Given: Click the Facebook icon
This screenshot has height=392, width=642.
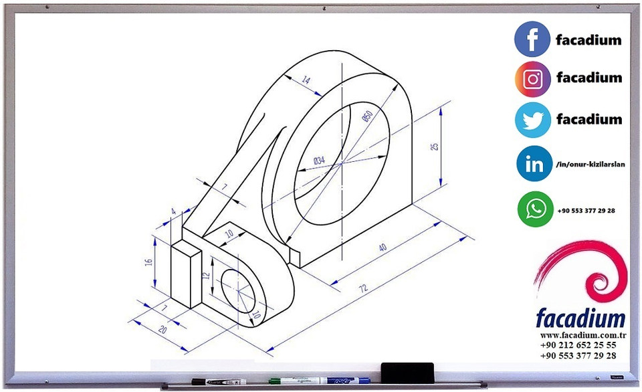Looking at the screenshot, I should [x=532, y=39].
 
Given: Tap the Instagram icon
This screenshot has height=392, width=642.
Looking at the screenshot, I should [x=532, y=80].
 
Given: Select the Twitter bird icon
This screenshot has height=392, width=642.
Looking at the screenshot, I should [x=532, y=120].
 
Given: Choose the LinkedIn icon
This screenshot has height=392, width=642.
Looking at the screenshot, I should [x=534, y=164].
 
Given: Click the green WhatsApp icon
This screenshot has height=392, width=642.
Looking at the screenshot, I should [x=534, y=209].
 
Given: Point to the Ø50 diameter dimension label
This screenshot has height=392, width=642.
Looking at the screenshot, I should [x=366, y=115].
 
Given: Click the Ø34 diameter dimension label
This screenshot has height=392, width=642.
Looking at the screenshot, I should [x=319, y=160].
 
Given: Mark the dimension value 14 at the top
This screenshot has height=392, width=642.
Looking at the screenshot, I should [x=306, y=80].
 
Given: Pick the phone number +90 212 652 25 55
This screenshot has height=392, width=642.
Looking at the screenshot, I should [x=578, y=345].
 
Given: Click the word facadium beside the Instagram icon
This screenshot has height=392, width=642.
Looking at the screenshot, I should [x=588, y=78].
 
